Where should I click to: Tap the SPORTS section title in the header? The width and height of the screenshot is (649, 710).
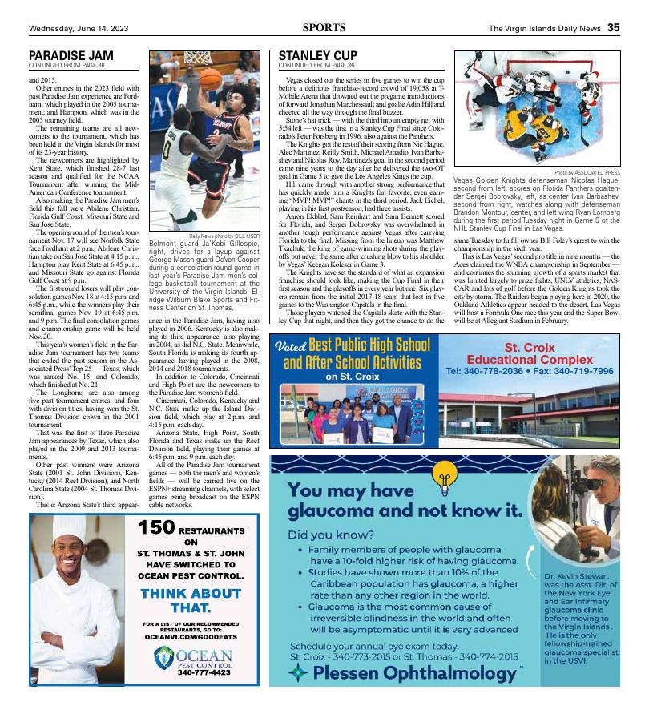324,27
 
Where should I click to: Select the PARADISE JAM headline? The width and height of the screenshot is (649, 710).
71,55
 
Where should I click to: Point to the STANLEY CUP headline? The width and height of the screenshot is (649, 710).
317,55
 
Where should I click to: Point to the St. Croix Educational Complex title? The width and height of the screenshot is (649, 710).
530,354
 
